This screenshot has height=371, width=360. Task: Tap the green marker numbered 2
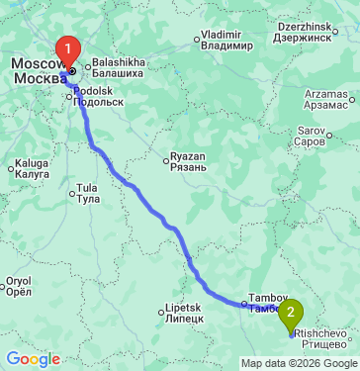click(x=291, y=315)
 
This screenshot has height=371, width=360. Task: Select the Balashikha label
click(x=118, y=66)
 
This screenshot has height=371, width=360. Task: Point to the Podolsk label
click(x=98, y=95)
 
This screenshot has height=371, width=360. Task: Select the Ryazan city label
click(x=187, y=161)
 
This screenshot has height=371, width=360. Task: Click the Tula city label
click(x=88, y=193)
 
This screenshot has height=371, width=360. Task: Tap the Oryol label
click(x=19, y=286)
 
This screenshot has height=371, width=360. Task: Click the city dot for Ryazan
click(x=165, y=156)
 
